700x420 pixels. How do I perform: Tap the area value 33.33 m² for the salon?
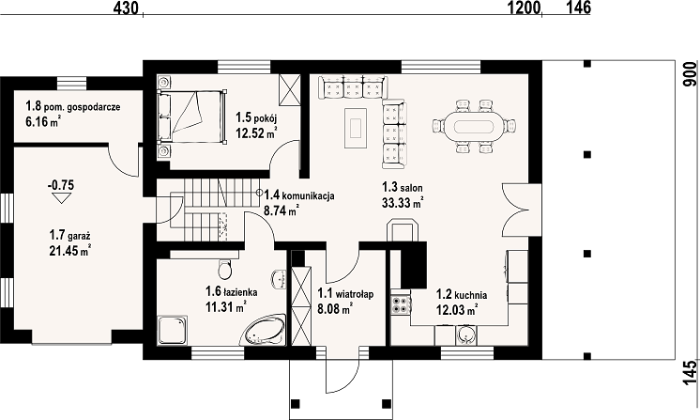click(403, 203)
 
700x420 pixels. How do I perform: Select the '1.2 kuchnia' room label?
click(462, 294)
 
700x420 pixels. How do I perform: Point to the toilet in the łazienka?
click(224, 268)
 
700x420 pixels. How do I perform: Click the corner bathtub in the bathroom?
click(266, 331)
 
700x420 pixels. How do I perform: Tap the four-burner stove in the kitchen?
click(401, 304)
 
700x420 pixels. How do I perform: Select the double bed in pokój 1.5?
click(191, 117)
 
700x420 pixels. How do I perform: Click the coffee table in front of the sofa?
click(356, 128)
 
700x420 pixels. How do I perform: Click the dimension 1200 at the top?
click(524, 8)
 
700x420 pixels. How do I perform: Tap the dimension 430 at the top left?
click(126, 8)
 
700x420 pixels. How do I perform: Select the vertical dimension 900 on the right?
click(691, 74)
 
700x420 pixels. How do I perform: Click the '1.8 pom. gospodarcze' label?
click(73, 107)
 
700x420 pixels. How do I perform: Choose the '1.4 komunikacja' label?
click(299, 195)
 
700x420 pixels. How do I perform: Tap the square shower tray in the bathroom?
click(173, 330)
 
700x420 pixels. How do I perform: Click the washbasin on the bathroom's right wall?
click(279, 279)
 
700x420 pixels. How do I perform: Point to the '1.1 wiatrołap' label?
click(345, 293)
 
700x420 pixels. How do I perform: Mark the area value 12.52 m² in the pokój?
click(256, 132)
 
